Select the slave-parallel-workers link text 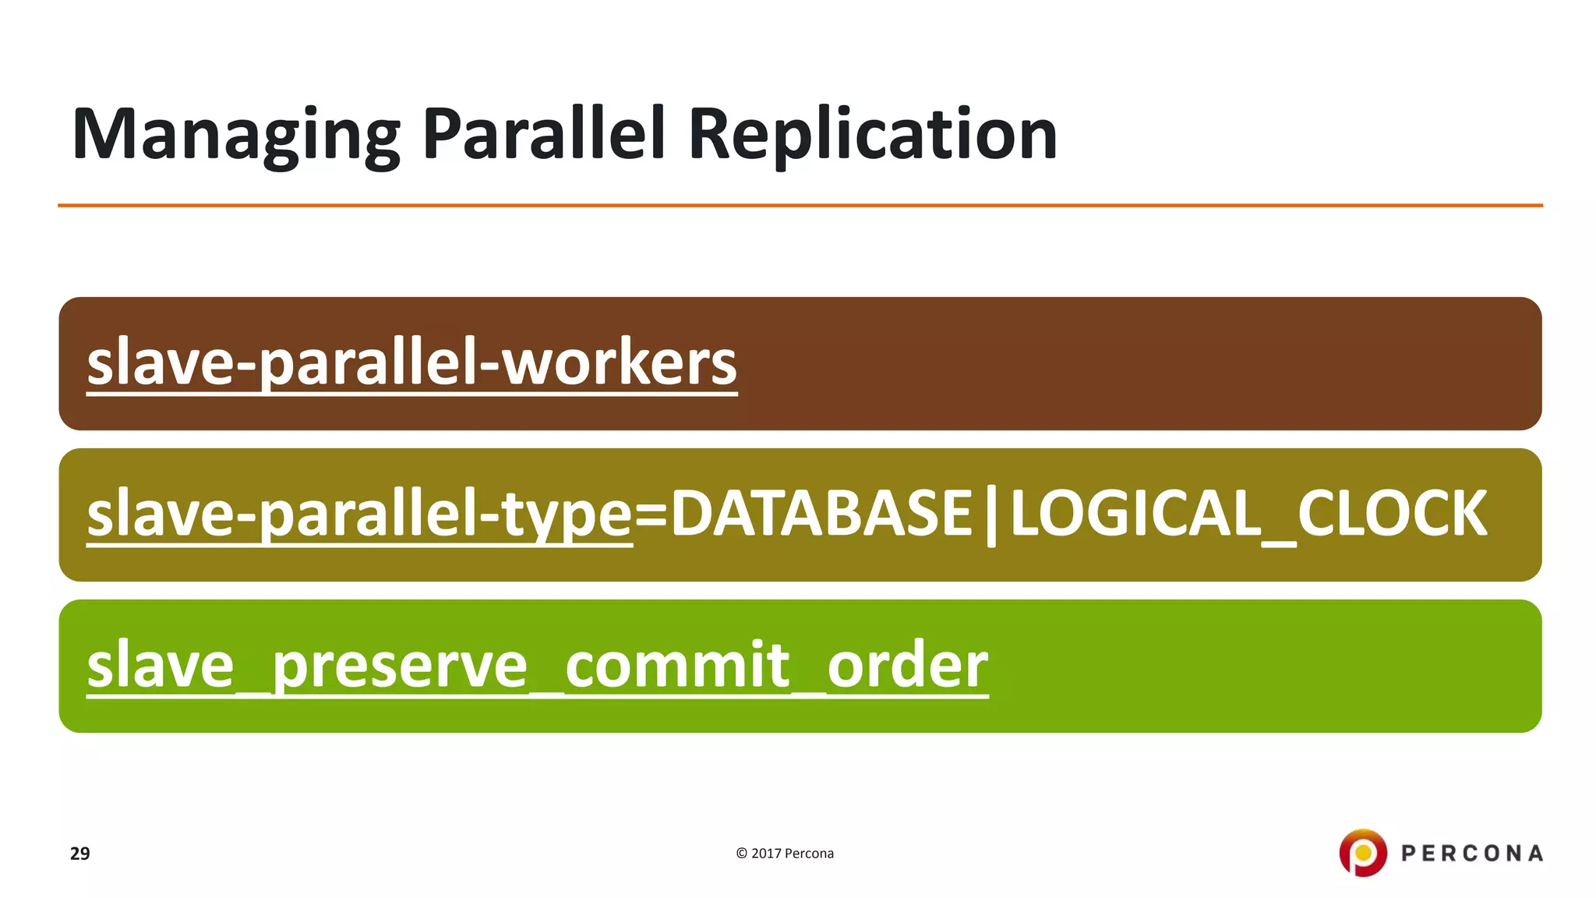(x=411, y=363)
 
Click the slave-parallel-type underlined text (x=359, y=514)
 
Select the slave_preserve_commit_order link (x=537, y=666)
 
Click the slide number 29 (x=79, y=854)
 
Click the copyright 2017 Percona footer (x=785, y=854)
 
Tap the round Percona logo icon (x=1363, y=853)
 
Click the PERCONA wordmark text (x=1472, y=854)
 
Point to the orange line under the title (x=800, y=206)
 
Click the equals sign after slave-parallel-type (x=651, y=514)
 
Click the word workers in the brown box (x=618, y=363)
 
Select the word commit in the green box (x=677, y=666)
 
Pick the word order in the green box (x=908, y=666)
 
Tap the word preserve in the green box (x=400, y=667)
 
